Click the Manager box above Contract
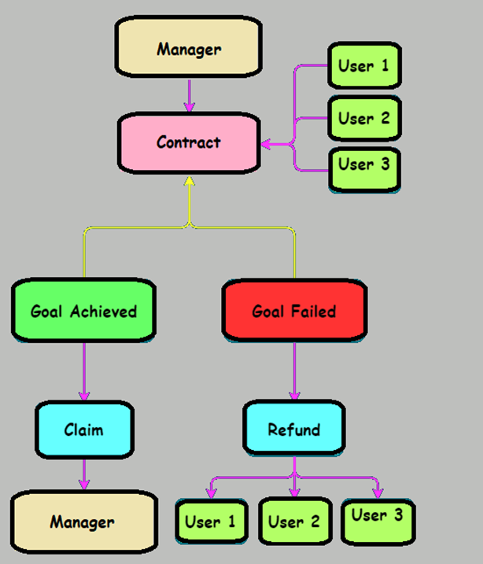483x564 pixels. click(x=189, y=49)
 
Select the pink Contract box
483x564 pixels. click(x=189, y=142)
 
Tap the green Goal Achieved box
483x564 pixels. click(x=83, y=310)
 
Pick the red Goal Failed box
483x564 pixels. click(x=294, y=311)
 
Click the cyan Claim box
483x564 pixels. click(x=83, y=429)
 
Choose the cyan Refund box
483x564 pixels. click(x=294, y=429)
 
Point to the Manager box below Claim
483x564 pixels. click(x=83, y=522)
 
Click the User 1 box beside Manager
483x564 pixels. click(x=363, y=65)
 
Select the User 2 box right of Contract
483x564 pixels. click(x=363, y=119)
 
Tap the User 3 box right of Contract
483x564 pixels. click(x=363, y=166)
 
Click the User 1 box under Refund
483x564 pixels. click(x=210, y=521)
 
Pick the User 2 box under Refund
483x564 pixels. click(x=293, y=521)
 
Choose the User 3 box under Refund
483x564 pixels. click(x=377, y=517)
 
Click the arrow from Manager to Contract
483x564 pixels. click(x=189, y=96)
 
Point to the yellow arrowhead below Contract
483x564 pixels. click(x=189, y=182)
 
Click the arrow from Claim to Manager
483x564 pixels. click(x=83, y=474)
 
